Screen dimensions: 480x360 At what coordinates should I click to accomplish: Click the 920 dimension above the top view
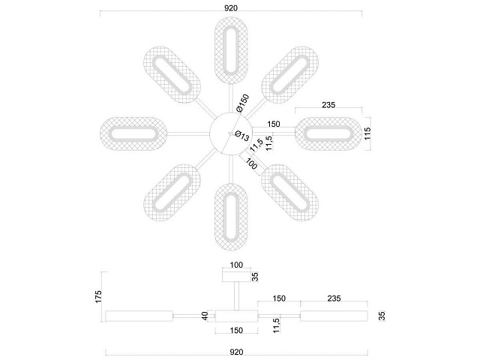231,8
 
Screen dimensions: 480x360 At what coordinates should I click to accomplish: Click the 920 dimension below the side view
236,352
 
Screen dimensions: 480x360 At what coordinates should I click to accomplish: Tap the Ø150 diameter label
243,103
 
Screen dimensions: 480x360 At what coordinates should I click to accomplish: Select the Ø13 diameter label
242,136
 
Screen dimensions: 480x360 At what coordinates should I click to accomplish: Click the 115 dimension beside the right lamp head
367,133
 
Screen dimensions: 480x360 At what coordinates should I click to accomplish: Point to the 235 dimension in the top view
328,105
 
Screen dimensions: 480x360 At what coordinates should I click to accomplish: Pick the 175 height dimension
98,297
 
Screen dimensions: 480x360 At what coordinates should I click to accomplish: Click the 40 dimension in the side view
205,316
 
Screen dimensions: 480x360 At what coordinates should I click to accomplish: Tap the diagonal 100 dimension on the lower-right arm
251,165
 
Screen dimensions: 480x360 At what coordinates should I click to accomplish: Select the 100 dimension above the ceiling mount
236,265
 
